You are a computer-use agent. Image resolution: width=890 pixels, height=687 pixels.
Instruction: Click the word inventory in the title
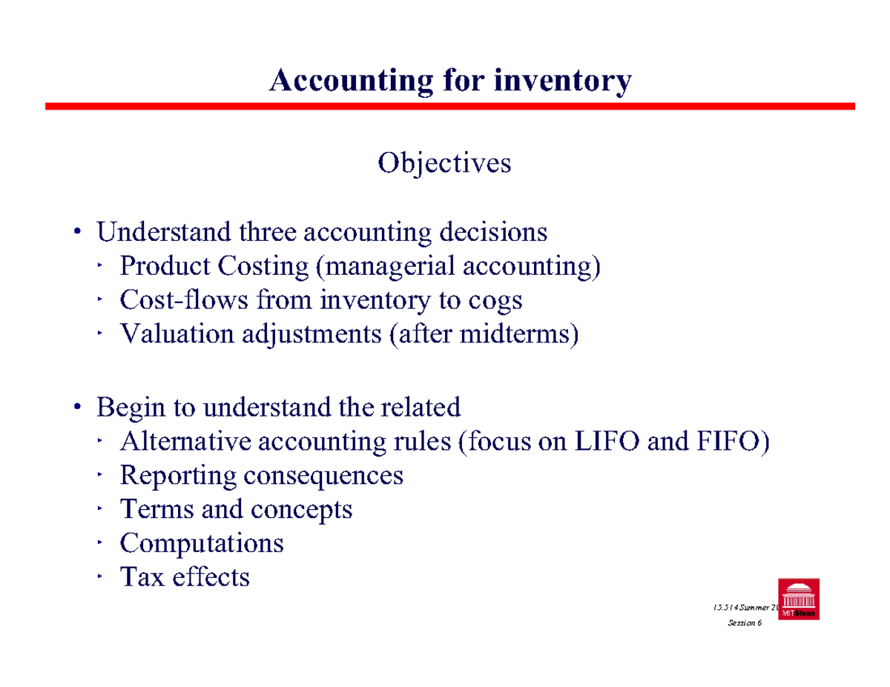[x=563, y=80]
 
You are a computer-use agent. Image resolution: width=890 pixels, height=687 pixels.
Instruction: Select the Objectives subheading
[x=444, y=162]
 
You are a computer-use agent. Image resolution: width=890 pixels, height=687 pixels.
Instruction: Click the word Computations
[x=202, y=543]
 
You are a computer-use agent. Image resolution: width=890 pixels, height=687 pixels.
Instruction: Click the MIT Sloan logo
[x=798, y=600]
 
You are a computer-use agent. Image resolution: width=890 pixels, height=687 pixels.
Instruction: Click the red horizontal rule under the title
[x=449, y=107]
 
